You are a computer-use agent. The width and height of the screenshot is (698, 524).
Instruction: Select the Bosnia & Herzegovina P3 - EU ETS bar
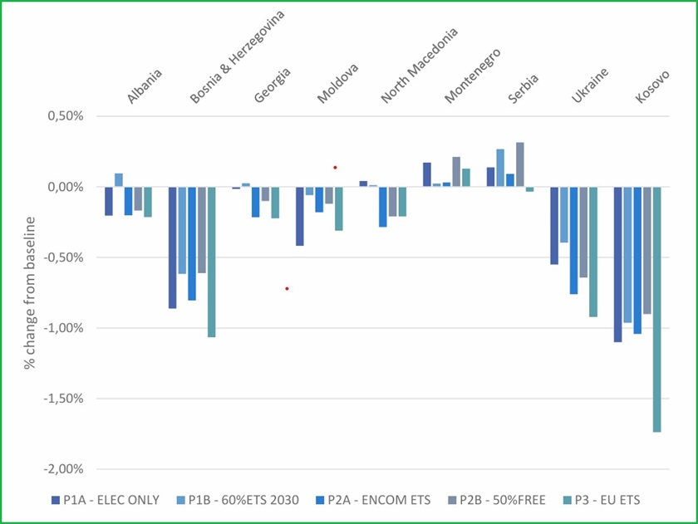click(x=212, y=262)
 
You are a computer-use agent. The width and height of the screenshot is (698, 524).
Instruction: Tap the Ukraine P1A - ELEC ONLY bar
click(x=554, y=225)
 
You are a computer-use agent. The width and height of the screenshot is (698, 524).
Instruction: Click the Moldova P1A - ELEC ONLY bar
click(x=300, y=216)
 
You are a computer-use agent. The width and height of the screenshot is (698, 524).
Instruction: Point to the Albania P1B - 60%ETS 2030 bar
click(x=119, y=180)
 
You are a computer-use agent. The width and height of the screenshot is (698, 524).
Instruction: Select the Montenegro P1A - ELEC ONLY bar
click(x=427, y=174)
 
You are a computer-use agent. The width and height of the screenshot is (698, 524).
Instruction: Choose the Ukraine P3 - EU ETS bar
click(x=593, y=252)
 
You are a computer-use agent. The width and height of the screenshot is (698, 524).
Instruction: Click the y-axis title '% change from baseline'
click(x=30, y=292)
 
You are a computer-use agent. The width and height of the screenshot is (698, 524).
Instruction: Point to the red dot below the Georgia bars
click(x=287, y=289)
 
